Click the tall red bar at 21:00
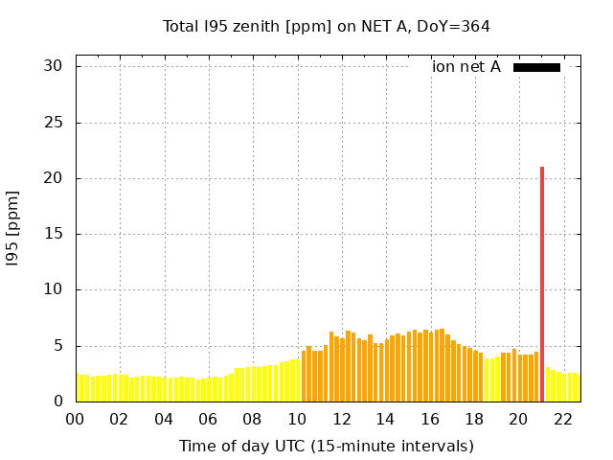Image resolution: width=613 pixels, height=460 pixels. pyautogui.click(x=542, y=284)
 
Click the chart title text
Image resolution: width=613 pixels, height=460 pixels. pyautogui.click(x=326, y=26)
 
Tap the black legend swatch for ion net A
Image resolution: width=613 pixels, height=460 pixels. pyautogui.click(x=536, y=67)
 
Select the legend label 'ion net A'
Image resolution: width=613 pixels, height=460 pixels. pyautogui.click(x=466, y=67)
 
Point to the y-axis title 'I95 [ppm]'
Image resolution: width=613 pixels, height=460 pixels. pyautogui.click(x=13, y=229)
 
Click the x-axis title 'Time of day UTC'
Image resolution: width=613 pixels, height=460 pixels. pyautogui.click(x=326, y=446)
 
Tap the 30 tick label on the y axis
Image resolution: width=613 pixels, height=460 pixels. pyautogui.click(x=53, y=66)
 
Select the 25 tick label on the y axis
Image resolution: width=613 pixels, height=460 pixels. pyautogui.click(x=53, y=123)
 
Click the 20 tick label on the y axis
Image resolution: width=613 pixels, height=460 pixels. pyautogui.click(x=53, y=178)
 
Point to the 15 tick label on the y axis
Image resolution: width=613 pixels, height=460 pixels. pyautogui.click(x=53, y=234)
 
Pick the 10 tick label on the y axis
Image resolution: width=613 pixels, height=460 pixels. pyautogui.click(x=53, y=289)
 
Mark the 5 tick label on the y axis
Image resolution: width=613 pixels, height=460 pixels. pyautogui.click(x=57, y=346)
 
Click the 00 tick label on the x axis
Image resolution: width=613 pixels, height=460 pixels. pyautogui.click(x=76, y=419)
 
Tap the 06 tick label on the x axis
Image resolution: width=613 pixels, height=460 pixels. pyautogui.click(x=209, y=419)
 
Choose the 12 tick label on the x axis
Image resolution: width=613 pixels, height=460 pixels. pyautogui.click(x=341, y=419)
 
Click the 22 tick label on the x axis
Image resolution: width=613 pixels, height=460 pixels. pyautogui.click(x=562, y=419)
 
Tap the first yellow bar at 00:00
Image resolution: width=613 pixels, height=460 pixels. pyautogui.click(x=79, y=388)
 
